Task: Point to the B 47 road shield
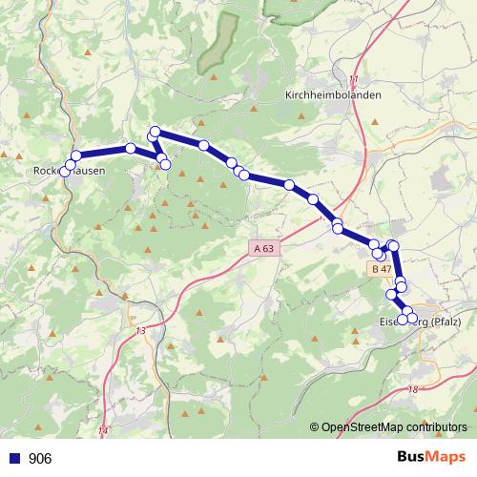383,269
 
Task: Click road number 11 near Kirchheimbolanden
355,78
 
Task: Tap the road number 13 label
140,330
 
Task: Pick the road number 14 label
103,432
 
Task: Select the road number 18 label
412,389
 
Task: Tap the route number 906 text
40,459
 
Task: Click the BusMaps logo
425,458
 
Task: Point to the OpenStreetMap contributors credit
396,426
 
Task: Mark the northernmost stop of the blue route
155,132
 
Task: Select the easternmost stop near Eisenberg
412,317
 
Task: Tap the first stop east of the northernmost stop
203,145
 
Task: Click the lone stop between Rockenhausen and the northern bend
130,148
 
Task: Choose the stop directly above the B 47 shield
380,254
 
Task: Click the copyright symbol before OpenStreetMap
314,426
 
